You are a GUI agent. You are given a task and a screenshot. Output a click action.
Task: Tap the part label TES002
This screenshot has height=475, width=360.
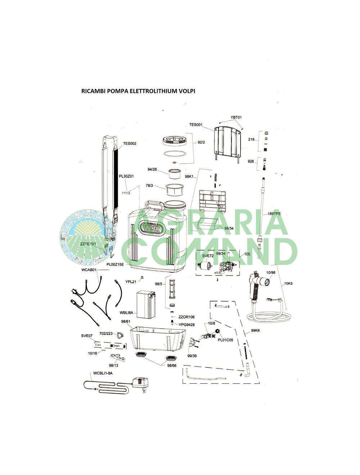pyautogui.click(x=130, y=144)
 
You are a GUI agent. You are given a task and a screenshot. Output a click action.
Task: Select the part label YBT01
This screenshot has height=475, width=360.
pyautogui.click(x=236, y=117)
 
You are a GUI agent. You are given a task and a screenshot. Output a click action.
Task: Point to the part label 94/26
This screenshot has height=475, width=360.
pyautogui.click(x=152, y=169)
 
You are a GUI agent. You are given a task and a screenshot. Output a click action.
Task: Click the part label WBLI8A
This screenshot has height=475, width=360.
pyautogui.click(x=126, y=312)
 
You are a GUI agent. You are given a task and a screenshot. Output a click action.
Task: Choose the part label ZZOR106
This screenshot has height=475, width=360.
pyautogui.click(x=186, y=317)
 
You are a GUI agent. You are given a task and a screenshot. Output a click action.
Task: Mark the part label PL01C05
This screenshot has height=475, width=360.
pyautogui.click(x=225, y=340)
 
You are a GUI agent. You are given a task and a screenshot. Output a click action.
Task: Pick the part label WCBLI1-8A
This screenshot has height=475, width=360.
pyautogui.click(x=103, y=373)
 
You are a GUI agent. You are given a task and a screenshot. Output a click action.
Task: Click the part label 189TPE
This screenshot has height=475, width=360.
pyautogui.click(x=274, y=214)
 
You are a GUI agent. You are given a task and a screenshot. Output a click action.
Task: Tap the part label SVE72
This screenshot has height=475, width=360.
pyautogui.click(x=208, y=256)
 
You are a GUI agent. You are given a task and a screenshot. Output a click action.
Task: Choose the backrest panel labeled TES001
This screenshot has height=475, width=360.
pyautogui.click(x=227, y=142)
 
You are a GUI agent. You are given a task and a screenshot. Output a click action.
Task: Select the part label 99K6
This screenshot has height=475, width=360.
pyautogui.click(x=255, y=331)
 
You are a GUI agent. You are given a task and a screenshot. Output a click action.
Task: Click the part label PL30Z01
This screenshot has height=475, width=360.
pyautogui.click(x=126, y=176)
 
